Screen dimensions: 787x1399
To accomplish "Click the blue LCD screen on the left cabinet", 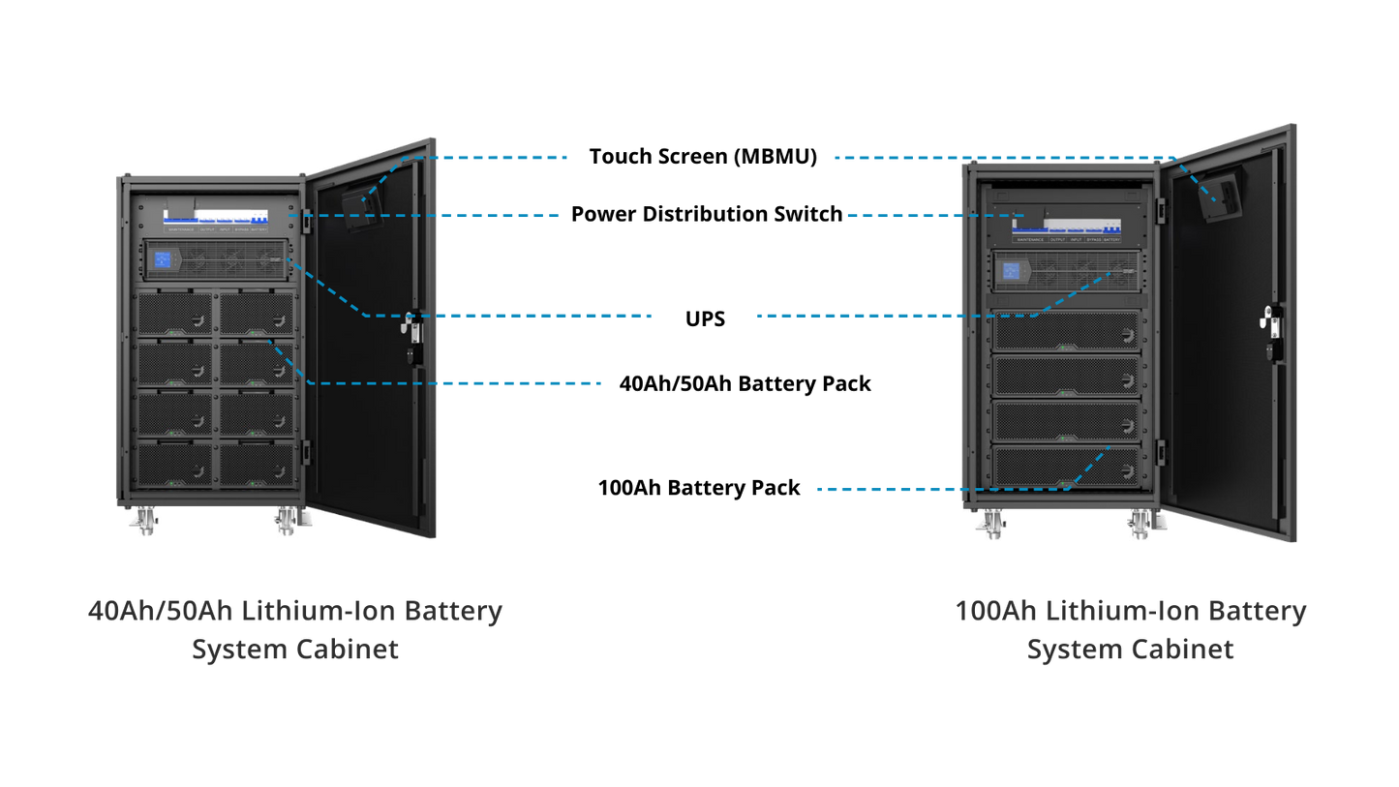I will click(x=163, y=259).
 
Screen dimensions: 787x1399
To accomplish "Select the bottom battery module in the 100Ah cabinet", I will click(x=1066, y=466).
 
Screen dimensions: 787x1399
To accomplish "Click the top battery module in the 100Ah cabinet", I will click(x=1066, y=331).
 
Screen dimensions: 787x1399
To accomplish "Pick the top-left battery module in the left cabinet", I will click(x=174, y=314).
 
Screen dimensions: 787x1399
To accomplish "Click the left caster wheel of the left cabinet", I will click(x=142, y=524).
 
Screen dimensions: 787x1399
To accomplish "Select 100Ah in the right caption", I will click(x=995, y=612).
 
